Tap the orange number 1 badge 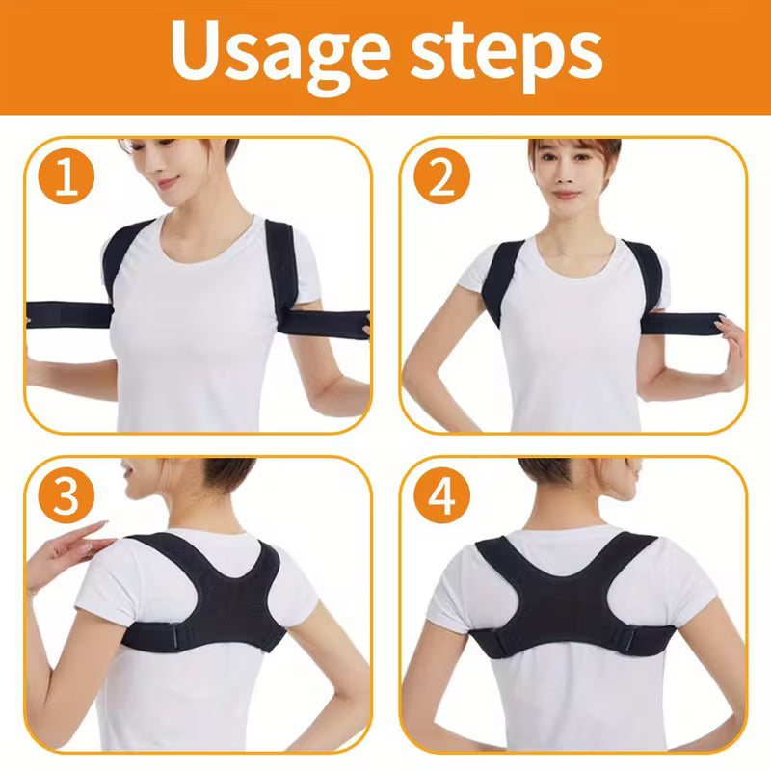coord(66,179)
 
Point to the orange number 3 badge coord(66,496)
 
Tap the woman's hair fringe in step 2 coord(569,154)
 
